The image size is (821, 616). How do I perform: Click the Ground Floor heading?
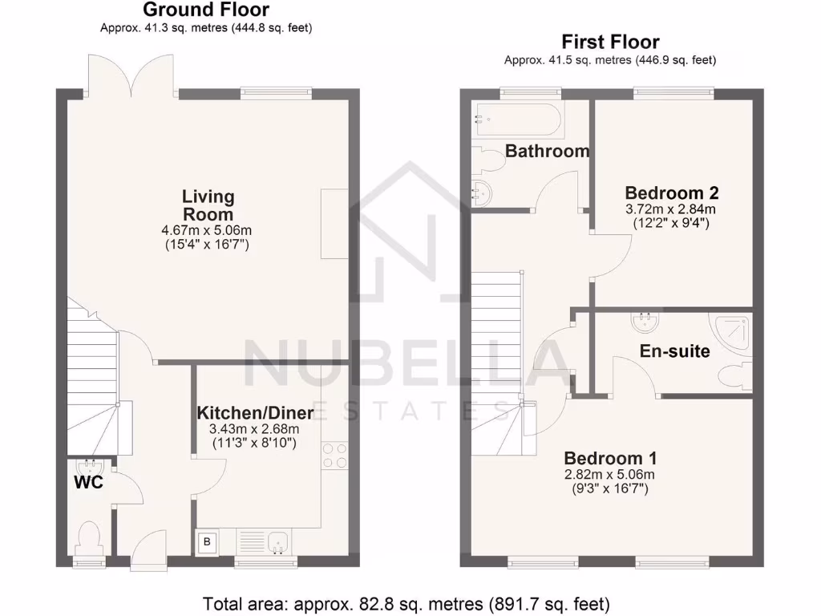click(x=206, y=10)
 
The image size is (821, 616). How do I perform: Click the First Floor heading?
click(x=609, y=42)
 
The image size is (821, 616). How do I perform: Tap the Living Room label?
click(x=208, y=205)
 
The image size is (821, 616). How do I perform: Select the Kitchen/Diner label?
click(x=255, y=412)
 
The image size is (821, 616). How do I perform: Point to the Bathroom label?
click(x=548, y=151)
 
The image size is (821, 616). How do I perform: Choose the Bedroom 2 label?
click(x=671, y=192)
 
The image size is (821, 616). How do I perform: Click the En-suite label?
click(x=674, y=351)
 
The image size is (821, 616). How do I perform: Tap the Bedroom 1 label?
click(x=610, y=458)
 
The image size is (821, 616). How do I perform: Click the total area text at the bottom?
click(x=406, y=602)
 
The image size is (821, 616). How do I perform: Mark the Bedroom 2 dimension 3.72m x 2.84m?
click(x=671, y=209)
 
